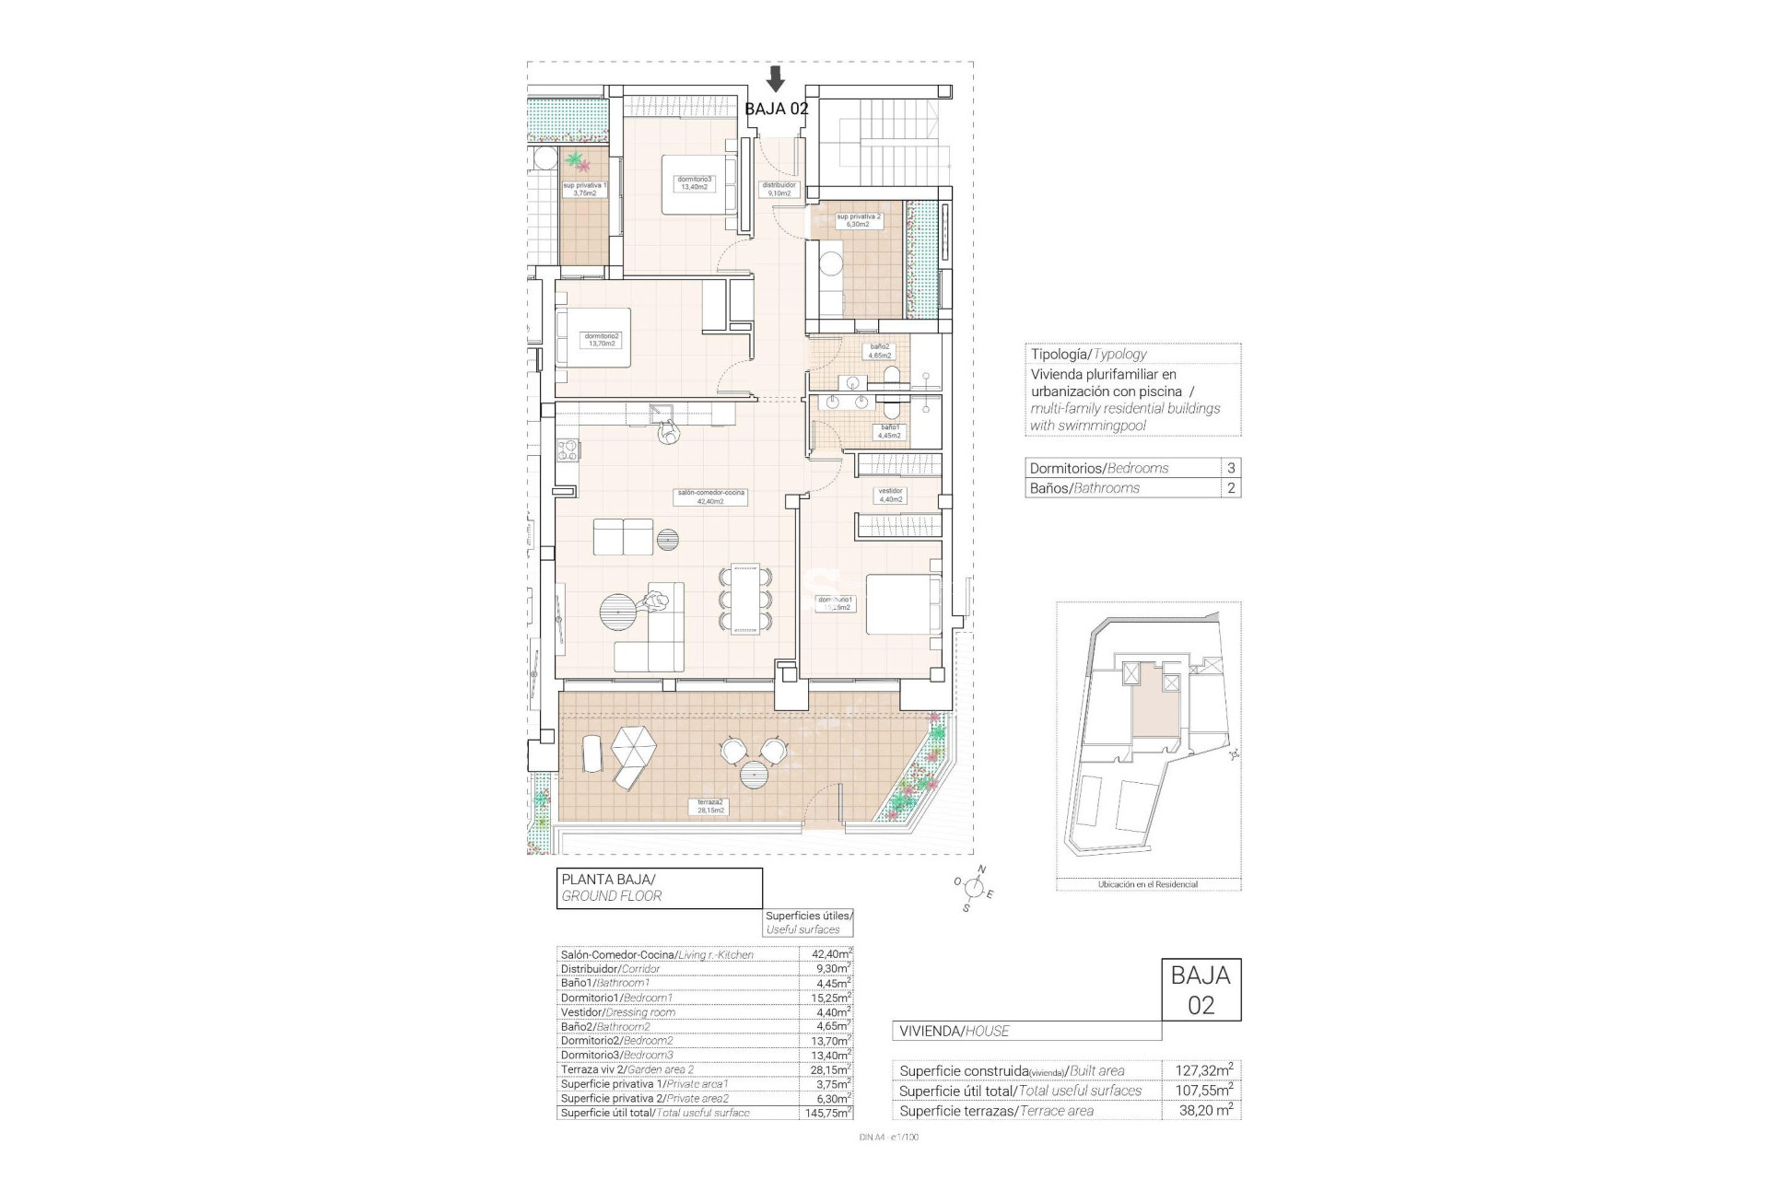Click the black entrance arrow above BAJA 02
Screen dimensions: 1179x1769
tap(777, 78)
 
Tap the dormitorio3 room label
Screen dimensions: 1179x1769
tap(694, 182)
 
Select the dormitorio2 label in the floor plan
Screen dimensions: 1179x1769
tap(601, 340)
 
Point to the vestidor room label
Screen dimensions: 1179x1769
tap(890, 495)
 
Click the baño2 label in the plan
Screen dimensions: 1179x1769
tap(880, 351)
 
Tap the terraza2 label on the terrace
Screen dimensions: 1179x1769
tap(710, 806)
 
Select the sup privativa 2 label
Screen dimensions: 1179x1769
tap(859, 220)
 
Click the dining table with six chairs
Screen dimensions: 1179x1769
tap(745, 600)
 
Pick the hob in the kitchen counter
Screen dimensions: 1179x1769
tap(568, 451)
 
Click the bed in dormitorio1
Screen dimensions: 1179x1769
tap(903, 604)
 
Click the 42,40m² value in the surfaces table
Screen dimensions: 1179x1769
tap(826, 954)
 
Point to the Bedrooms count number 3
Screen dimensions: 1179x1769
tap(1231, 468)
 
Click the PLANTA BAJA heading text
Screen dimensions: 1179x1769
tap(608, 880)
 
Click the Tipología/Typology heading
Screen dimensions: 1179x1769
tap(1088, 354)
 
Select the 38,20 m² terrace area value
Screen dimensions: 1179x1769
tap(1204, 1111)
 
